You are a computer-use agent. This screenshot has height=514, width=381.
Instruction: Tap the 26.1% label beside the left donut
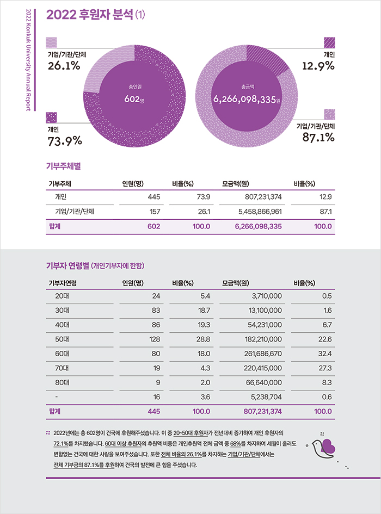point(64,66)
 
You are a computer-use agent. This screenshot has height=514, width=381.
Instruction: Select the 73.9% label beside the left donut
point(65,141)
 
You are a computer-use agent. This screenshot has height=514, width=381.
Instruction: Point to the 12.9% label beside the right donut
point(318,66)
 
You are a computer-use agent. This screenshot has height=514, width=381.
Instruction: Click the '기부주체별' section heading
point(64,164)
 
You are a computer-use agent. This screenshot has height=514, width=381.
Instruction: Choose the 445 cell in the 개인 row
point(153,196)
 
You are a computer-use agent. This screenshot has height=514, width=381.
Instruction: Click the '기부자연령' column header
point(63,283)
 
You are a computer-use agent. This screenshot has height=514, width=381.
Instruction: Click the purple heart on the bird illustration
point(328,446)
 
